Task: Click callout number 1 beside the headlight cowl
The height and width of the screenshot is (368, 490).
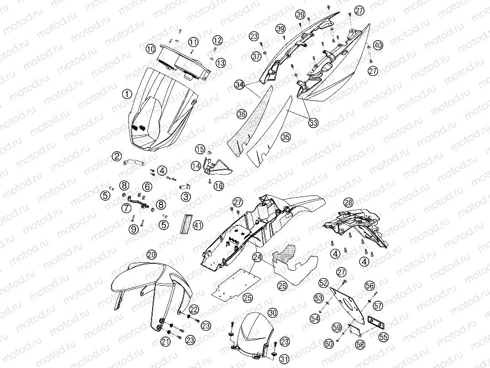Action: pyautogui.click(x=127, y=93)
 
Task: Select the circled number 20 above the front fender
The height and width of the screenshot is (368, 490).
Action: pyautogui.click(x=152, y=255)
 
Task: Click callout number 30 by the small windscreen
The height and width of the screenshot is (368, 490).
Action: pyautogui.click(x=273, y=312)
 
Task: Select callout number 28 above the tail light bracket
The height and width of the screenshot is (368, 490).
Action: pyautogui.click(x=348, y=202)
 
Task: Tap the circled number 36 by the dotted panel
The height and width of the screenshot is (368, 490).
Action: pyautogui.click(x=242, y=114)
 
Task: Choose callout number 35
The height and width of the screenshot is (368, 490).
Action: pyautogui.click(x=286, y=137)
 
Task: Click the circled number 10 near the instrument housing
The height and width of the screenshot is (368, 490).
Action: pyautogui.click(x=151, y=49)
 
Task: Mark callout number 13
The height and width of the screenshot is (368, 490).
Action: pyautogui.click(x=220, y=63)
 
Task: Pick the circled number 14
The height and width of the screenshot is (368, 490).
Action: pyautogui.click(x=196, y=166)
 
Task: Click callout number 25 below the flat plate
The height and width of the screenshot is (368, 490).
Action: pyautogui.click(x=248, y=297)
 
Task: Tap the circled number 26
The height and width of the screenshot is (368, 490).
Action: pyautogui.click(x=283, y=285)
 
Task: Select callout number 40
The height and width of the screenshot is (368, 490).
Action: pyautogui.click(x=378, y=45)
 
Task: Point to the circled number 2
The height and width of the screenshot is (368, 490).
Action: pyautogui.click(x=117, y=156)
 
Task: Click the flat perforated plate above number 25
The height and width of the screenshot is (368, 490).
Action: pyautogui.click(x=236, y=284)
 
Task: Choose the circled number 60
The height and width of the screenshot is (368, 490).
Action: pyautogui.click(x=329, y=344)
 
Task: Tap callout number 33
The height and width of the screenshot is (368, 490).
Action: pyautogui.click(x=313, y=122)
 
